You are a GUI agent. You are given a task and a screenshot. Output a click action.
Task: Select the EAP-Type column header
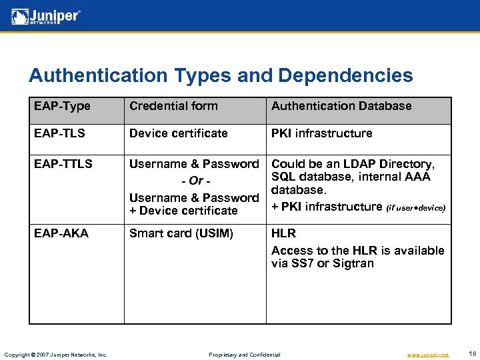point(62,106)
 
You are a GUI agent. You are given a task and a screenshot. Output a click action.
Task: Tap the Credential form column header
point(173,106)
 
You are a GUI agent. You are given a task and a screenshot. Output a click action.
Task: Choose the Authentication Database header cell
point(341,106)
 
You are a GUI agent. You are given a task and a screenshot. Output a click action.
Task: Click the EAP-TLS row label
point(60,133)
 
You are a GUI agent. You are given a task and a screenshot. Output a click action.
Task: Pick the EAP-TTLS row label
point(64,164)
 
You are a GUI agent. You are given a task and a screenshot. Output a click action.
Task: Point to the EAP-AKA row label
point(61,233)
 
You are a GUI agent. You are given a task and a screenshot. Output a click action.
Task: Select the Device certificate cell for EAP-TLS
point(178,133)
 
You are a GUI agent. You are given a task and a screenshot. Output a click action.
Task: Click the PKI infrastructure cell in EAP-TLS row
point(321,133)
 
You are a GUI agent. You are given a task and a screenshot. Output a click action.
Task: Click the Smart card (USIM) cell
point(181,233)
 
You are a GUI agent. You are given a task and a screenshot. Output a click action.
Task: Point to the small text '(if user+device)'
point(415,208)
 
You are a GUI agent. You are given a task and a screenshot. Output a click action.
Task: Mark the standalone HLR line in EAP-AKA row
point(283,233)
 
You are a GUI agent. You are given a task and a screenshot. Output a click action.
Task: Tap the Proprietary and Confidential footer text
point(245,355)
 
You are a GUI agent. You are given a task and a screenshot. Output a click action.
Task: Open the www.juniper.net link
point(427,355)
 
